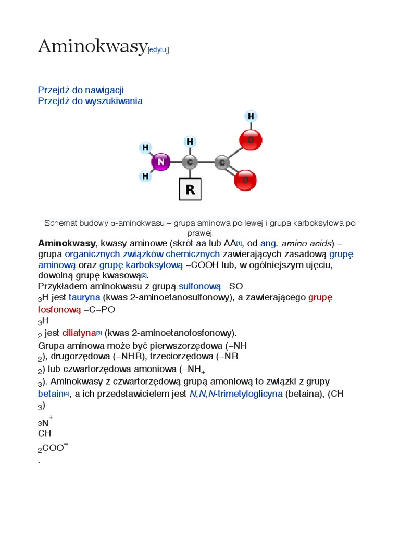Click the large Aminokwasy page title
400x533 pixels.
(x=92, y=47)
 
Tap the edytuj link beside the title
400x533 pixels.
(x=158, y=50)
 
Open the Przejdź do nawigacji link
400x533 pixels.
(x=81, y=90)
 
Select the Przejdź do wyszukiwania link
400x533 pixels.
(x=90, y=101)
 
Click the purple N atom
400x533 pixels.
(x=161, y=162)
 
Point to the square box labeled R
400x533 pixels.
(x=190, y=189)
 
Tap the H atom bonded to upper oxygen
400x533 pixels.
(x=251, y=116)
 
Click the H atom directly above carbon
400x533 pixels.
(x=190, y=142)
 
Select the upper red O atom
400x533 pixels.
(x=251, y=139)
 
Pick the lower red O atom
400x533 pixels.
(x=245, y=180)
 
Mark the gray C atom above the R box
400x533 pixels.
(x=190, y=162)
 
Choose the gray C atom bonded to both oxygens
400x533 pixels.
(x=222, y=162)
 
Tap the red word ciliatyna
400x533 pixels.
(x=79, y=333)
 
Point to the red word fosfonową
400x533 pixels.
(x=59, y=310)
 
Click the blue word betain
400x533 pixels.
(x=51, y=394)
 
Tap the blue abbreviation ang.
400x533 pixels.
(x=269, y=243)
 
